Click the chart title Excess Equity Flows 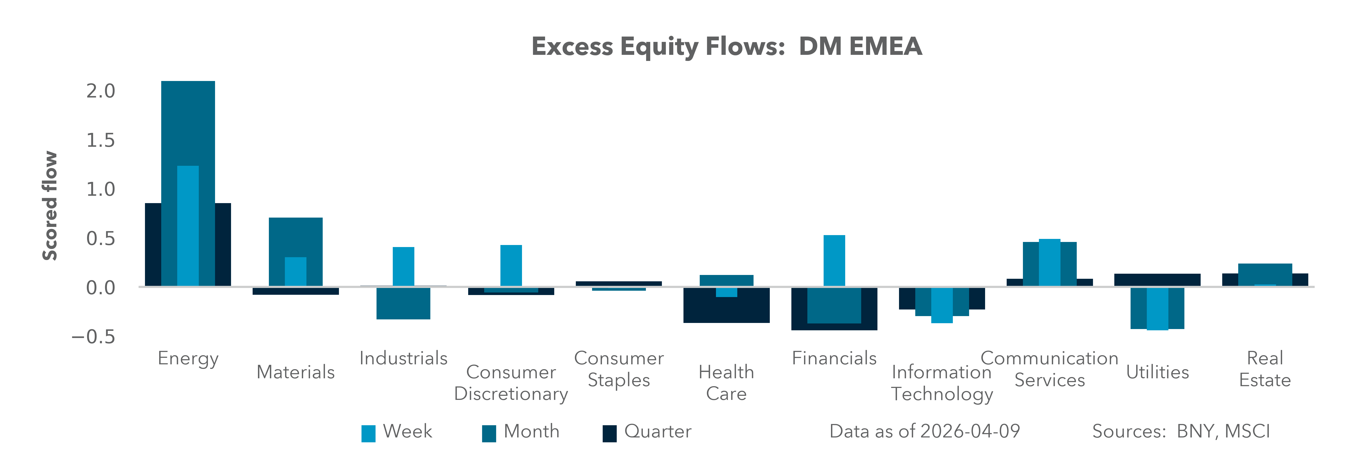pos(726,46)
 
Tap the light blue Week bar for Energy pos(188,226)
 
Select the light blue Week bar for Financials pos(834,261)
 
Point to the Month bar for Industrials pos(403,303)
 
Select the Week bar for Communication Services pos(1050,263)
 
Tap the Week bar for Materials pos(295,272)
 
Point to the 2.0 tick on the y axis pos(101,91)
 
